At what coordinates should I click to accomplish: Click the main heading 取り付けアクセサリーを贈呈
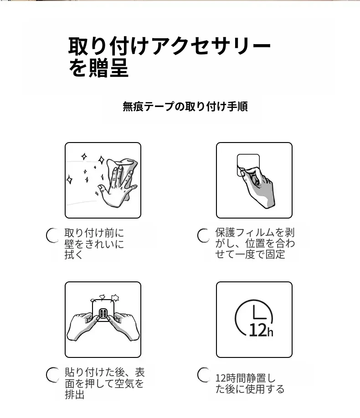tap(170, 57)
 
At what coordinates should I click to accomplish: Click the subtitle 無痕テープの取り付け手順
tap(185, 107)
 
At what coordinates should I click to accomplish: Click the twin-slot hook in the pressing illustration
tap(103, 313)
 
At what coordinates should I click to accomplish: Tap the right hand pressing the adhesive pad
tap(125, 326)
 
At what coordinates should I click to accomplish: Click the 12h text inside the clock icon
tap(261, 330)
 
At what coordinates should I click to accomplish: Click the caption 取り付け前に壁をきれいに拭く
tap(94, 244)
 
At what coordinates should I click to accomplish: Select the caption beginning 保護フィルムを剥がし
tap(255, 244)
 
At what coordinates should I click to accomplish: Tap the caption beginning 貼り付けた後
tap(105, 383)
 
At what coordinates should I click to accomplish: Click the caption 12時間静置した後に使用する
tap(250, 383)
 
